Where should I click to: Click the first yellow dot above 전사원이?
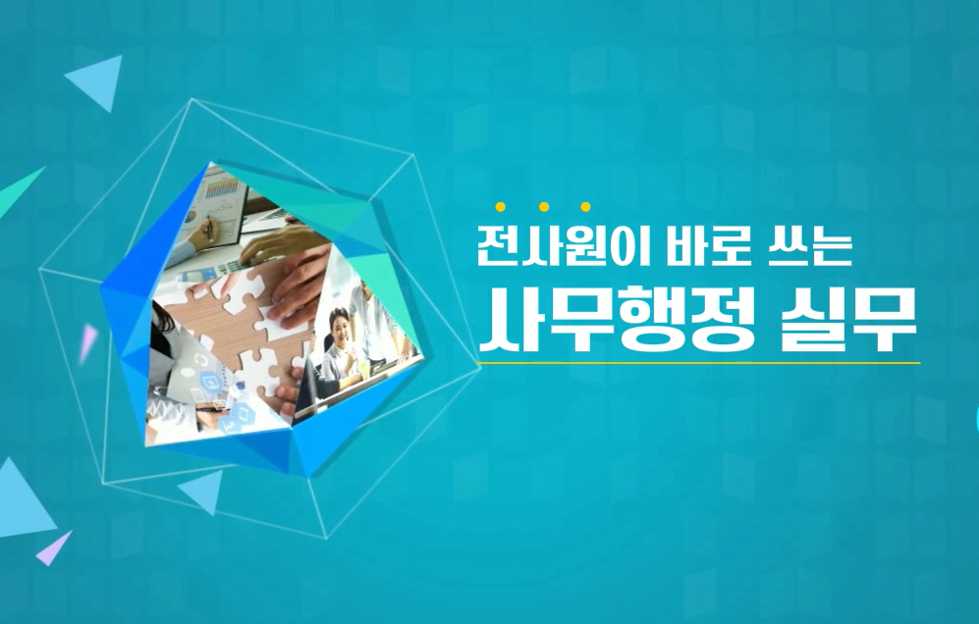click(x=501, y=207)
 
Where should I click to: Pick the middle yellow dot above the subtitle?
click(x=543, y=207)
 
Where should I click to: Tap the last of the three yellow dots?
click(x=585, y=207)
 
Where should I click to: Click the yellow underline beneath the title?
click(x=697, y=363)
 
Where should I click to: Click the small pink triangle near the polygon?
click(x=88, y=338)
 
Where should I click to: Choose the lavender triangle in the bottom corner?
click(x=55, y=547)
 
